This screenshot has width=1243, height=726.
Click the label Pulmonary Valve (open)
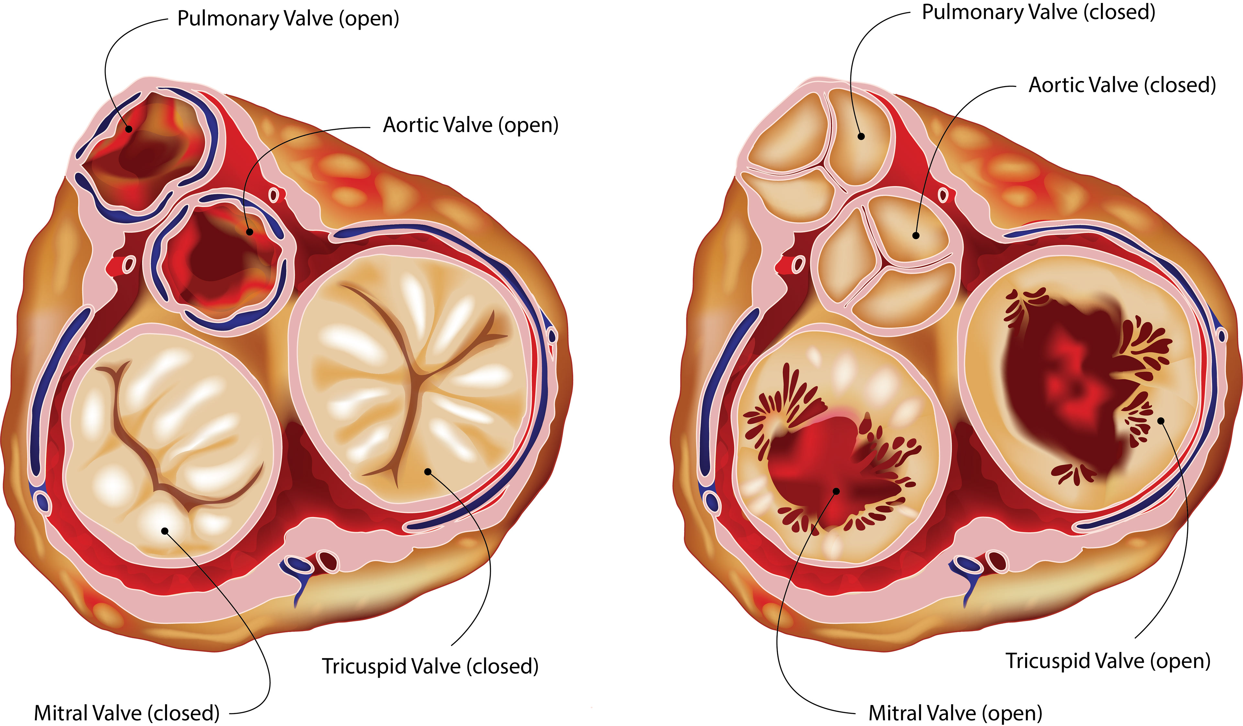(288, 19)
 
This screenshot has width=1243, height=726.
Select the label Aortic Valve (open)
(471, 125)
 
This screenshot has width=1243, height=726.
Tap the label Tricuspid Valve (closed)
(430, 666)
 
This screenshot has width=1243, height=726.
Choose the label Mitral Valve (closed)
(127, 713)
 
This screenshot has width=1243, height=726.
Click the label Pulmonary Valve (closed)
(1038, 12)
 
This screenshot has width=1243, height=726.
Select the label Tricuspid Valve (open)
(1108, 661)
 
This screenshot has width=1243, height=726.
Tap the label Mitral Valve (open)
(955, 713)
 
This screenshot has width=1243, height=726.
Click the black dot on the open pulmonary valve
(129, 129)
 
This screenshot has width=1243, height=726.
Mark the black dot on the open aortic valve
(250, 232)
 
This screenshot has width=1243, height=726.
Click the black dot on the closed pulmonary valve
(861, 136)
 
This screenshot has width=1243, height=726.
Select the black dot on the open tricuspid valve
(1161, 421)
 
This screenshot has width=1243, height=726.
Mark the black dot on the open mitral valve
(836, 491)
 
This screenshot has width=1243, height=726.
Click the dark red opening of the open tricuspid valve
(1060, 385)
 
